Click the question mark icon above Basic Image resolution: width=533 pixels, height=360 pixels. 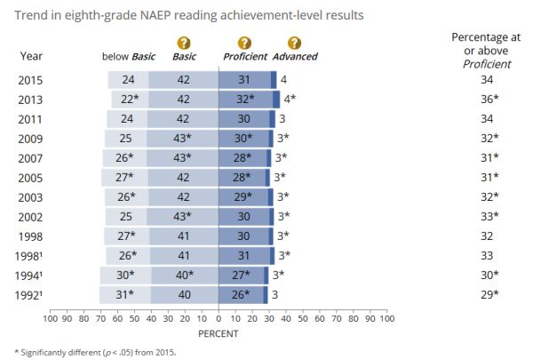184,43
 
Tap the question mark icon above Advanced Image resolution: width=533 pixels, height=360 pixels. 294,43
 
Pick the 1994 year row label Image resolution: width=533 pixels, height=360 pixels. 31,275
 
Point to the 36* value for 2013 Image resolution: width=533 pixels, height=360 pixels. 487,100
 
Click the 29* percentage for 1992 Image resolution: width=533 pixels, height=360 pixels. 487,293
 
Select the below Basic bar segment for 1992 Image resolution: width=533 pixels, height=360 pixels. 124,294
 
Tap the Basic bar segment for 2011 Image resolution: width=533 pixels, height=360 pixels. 184,119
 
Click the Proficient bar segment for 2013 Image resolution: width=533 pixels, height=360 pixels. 245,100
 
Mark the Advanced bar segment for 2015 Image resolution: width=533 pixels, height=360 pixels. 274,80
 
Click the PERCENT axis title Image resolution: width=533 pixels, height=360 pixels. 219,333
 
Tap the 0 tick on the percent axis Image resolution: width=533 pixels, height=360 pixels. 219,317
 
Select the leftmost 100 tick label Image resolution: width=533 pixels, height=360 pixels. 51,317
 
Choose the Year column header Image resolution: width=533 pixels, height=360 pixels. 30,57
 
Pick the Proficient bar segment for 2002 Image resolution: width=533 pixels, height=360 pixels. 243,216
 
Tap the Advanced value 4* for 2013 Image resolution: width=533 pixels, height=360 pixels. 289,100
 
